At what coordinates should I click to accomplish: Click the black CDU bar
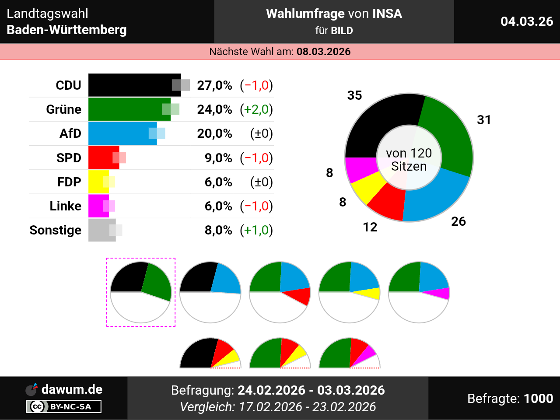[x=131, y=85]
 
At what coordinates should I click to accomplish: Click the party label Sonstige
[x=56, y=230]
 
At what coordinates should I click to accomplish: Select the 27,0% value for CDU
[x=214, y=85]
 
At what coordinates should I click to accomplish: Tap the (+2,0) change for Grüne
[x=256, y=109]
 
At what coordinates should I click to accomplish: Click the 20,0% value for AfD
[x=214, y=133]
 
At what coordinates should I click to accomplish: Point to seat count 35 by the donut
[x=354, y=95]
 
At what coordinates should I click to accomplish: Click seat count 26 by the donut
[x=458, y=221]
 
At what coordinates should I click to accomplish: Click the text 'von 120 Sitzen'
[x=409, y=160]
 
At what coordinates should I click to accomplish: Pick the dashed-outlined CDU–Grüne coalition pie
[x=141, y=292]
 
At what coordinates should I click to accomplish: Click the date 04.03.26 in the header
[x=527, y=21]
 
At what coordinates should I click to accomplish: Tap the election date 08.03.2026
[x=323, y=52]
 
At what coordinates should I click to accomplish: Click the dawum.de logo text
[x=72, y=389]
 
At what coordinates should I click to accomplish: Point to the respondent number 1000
[x=538, y=399]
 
